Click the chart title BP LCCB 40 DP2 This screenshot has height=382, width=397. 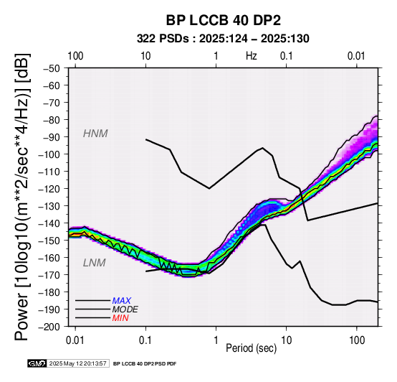click(x=224, y=20)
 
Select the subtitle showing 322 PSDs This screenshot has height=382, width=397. click(x=223, y=39)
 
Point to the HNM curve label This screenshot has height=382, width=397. click(x=95, y=134)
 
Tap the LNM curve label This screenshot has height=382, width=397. click(x=94, y=263)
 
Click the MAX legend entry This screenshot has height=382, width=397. click(x=122, y=301)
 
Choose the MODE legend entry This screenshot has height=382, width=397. click(x=125, y=309)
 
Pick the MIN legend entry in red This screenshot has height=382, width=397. click(x=120, y=318)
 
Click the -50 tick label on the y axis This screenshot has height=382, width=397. click(x=52, y=68)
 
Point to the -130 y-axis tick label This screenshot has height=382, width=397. click(x=49, y=205)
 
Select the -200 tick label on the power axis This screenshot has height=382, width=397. click(x=49, y=327)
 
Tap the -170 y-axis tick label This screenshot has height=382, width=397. click(x=49, y=275)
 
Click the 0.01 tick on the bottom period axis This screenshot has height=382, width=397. click(x=75, y=340)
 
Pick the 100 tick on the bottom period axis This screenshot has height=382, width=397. click(x=357, y=340)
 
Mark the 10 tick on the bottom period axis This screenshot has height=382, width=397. click(x=287, y=340)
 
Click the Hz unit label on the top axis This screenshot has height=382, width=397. click(x=251, y=56)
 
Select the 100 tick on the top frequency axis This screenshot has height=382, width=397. click(x=75, y=56)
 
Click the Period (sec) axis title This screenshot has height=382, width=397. click(x=251, y=348)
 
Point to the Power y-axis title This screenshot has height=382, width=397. click(x=21, y=197)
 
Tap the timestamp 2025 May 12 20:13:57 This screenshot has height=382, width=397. click(x=77, y=363)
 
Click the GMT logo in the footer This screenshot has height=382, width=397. click(x=37, y=363)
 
